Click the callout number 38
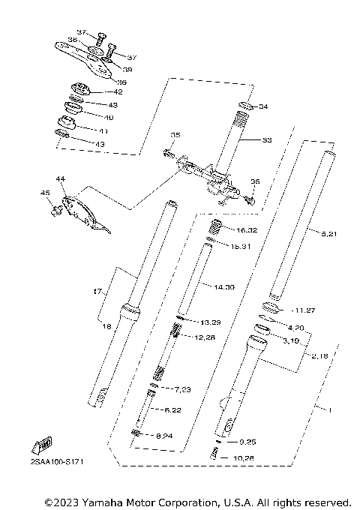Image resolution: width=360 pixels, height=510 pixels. (72, 39)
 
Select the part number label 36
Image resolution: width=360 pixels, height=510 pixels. (122, 82)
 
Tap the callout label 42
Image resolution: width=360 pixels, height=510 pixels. (118, 92)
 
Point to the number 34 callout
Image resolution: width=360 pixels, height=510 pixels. (262, 107)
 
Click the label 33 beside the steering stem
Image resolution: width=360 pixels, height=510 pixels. (265, 140)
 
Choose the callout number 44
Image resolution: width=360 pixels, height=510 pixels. (61, 180)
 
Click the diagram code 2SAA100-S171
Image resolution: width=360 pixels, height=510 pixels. (56, 461)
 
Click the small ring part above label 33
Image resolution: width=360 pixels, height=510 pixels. (243, 107)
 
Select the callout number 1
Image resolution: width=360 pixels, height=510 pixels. (327, 410)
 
